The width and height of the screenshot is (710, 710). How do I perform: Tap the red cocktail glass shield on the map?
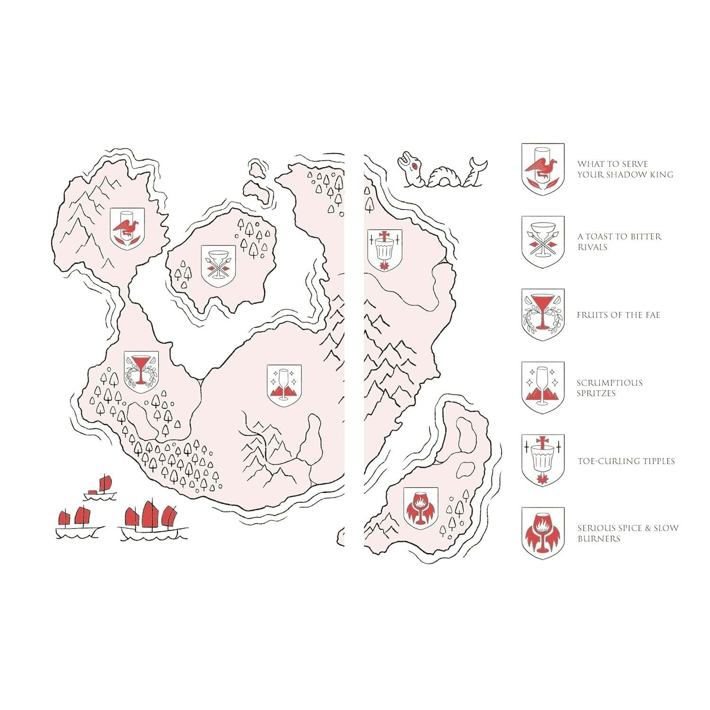pyautogui.click(x=141, y=372)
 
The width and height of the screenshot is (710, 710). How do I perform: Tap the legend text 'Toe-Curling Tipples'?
pyautogui.click(x=626, y=461)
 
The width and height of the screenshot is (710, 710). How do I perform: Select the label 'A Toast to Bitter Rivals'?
pyautogui.click(x=620, y=241)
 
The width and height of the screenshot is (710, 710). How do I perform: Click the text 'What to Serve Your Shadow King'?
pyautogui.click(x=625, y=169)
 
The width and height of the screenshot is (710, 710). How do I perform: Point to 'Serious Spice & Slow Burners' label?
pyautogui.click(x=628, y=533)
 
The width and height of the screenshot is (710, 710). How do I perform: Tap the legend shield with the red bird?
pyautogui.click(x=543, y=169)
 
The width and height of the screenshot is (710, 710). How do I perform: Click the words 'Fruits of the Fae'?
pyautogui.click(x=618, y=315)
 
